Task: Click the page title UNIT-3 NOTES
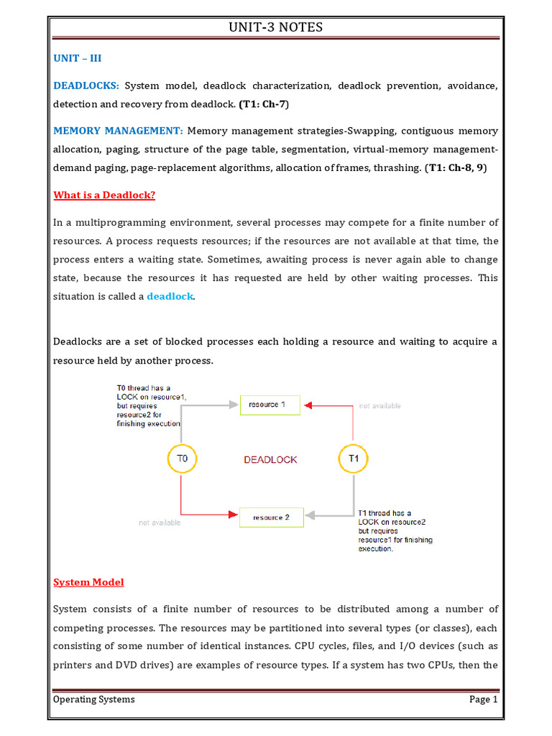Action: [x=275, y=27]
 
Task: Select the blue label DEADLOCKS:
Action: [x=86, y=86]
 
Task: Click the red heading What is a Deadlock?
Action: [x=104, y=195]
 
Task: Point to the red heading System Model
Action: [x=88, y=581]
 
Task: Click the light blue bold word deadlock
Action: [x=170, y=296]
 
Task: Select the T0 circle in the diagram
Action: [x=182, y=459]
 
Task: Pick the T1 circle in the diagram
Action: [x=353, y=459]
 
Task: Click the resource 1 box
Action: [x=267, y=405]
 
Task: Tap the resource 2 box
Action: [x=271, y=517]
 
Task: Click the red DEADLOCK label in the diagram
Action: [x=270, y=459]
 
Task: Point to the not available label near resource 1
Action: [x=379, y=406]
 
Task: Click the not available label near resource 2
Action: [x=160, y=523]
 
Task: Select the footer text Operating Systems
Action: [x=94, y=699]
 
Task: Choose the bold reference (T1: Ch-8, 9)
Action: [x=460, y=168]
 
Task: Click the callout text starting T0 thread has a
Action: [x=144, y=406]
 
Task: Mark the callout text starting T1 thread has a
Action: [x=395, y=531]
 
